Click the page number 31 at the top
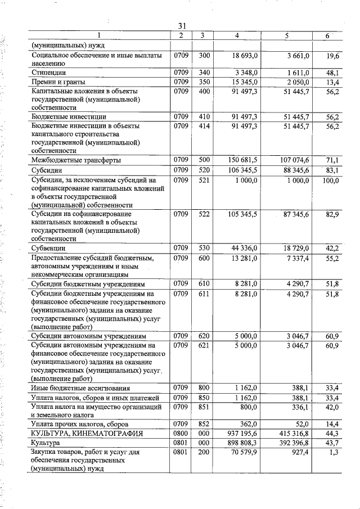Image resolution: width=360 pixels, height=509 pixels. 182,26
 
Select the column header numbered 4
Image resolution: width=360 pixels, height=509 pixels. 237,36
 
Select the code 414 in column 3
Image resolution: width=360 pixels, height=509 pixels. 204,126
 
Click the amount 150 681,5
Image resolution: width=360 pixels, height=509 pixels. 242,160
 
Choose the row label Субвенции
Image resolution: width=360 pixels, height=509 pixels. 49,248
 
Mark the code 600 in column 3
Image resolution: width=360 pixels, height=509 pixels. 204,258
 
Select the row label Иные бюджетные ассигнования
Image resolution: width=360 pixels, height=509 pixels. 81,388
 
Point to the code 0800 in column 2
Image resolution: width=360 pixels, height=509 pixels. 180,433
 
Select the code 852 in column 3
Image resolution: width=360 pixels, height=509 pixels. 204,423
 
